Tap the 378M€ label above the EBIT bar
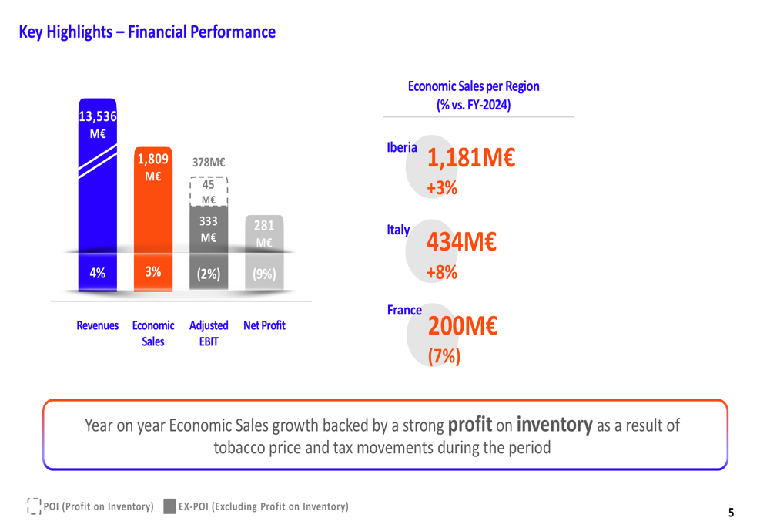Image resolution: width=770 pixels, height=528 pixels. pyautogui.click(x=209, y=163)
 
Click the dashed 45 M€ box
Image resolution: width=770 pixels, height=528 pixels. pyautogui.click(x=209, y=192)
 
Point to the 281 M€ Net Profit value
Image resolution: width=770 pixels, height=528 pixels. pyautogui.click(x=264, y=234)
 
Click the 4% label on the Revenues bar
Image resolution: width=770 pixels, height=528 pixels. pyautogui.click(x=98, y=273)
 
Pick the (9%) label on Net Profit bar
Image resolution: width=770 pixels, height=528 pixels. pyautogui.click(x=264, y=274)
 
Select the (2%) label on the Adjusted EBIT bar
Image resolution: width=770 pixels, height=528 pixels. pyautogui.click(x=209, y=274)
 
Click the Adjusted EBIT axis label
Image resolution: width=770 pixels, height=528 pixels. pyautogui.click(x=209, y=333)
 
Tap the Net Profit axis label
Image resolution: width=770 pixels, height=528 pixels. pyautogui.click(x=264, y=325)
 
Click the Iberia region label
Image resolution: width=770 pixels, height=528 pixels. pyautogui.click(x=402, y=147)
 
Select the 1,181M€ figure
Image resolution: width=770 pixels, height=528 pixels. pyautogui.click(x=471, y=159)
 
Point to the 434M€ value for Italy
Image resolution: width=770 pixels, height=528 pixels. pyautogui.click(x=462, y=242)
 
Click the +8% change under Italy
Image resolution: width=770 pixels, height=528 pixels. pyautogui.click(x=442, y=272)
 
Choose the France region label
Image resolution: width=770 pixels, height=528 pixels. pyautogui.click(x=404, y=310)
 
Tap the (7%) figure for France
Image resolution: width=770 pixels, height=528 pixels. pyautogui.click(x=444, y=356)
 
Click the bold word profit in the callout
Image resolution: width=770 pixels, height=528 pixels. pyautogui.click(x=470, y=424)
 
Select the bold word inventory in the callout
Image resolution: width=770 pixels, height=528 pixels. pyautogui.click(x=554, y=424)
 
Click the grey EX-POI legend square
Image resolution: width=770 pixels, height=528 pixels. pyautogui.click(x=169, y=506)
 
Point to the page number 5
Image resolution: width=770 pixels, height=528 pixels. pyautogui.click(x=731, y=513)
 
